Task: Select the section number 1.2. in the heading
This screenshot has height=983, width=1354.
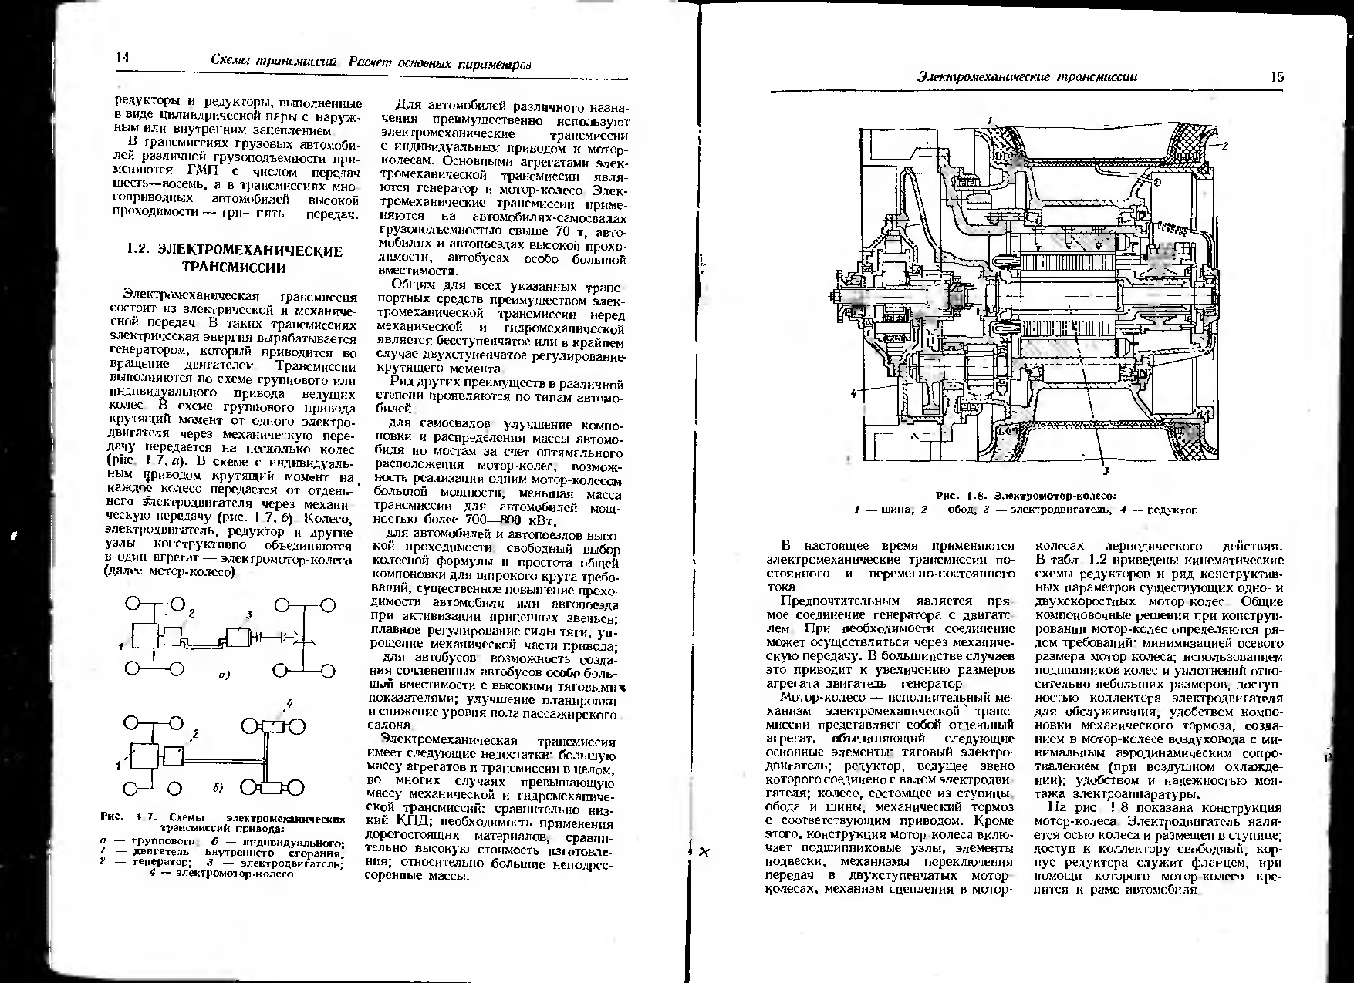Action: click(143, 251)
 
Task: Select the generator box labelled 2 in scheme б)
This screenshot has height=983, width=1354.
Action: click(174, 756)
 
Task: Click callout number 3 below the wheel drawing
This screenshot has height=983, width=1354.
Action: click(1105, 470)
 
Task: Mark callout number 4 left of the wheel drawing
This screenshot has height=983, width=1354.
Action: click(853, 392)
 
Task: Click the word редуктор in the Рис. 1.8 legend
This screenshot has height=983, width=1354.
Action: click(1172, 510)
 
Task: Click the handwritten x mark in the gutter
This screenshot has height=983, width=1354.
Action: click(704, 852)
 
